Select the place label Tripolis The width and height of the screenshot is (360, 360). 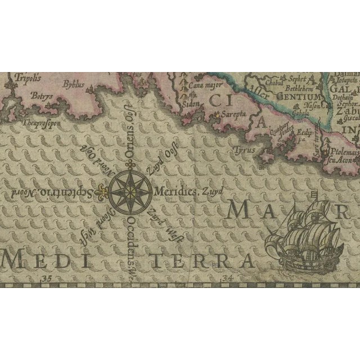click(26, 78)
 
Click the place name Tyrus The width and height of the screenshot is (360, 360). click(245, 151)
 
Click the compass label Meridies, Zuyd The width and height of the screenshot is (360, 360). click(183, 191)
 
